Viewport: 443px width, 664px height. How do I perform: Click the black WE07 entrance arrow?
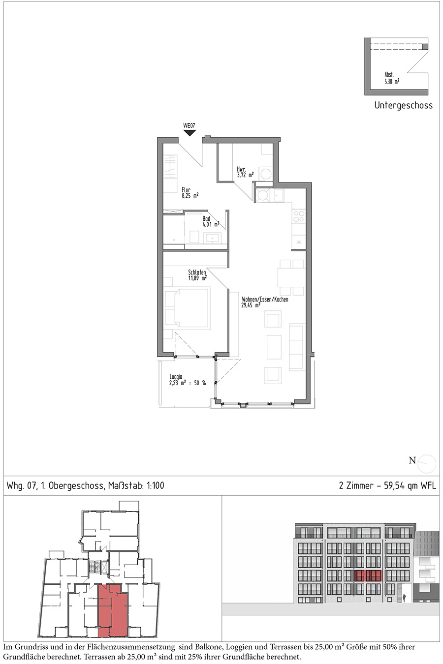[190, 133]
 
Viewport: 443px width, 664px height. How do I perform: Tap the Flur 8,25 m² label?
[190, 193]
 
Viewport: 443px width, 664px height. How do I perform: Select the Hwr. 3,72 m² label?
[245, 172]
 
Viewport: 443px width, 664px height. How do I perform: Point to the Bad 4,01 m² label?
[211, 221]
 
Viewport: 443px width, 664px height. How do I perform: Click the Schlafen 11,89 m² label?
[197, 275]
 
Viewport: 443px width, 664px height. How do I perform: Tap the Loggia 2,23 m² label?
[188, 380]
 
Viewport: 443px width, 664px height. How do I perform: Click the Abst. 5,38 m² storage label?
[392, 78]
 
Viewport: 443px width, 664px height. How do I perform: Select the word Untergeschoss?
[403, 105]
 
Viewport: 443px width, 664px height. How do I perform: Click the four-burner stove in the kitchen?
[298, 216]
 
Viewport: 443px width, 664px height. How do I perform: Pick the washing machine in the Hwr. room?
[266, 174]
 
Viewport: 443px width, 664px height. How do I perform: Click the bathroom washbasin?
[212, 238]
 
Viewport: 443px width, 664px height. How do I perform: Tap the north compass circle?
[427, 464]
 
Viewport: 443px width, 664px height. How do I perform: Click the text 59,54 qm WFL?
[410, 485]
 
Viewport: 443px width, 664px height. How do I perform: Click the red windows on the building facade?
[368, 576]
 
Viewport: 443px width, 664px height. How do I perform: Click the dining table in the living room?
[291, 277]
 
